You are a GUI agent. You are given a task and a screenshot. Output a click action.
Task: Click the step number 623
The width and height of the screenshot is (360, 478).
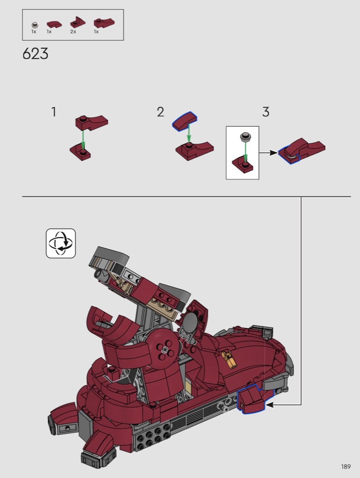click(36, 54)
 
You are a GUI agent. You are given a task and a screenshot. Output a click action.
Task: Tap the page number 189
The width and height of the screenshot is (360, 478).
click(346, 467)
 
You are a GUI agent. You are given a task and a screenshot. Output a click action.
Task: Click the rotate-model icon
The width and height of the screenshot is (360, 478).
click(61, 243)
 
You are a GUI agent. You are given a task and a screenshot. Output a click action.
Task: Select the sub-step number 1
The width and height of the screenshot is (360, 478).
click(54, 112)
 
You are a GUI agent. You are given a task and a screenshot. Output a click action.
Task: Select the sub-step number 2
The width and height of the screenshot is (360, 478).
click(160, 112)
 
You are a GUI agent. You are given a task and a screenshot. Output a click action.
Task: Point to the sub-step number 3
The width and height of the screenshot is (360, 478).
click(266, 112)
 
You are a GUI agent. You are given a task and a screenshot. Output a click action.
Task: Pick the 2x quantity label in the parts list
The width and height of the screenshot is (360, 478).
click(73, 32)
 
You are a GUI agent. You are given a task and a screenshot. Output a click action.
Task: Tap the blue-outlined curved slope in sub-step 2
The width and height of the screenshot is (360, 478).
click(185, 121)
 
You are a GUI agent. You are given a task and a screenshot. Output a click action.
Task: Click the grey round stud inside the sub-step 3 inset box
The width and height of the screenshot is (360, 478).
click(245, 137)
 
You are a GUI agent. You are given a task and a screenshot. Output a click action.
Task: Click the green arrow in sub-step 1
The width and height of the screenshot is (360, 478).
click(83, 140)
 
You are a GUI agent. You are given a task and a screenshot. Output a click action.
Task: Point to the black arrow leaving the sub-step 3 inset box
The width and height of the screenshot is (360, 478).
click(269, 153)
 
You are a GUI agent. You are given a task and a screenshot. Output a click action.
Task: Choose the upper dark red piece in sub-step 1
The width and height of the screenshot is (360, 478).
click(92, 122)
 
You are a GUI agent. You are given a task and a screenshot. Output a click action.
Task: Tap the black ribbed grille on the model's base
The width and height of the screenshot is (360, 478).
click(194, 417)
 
